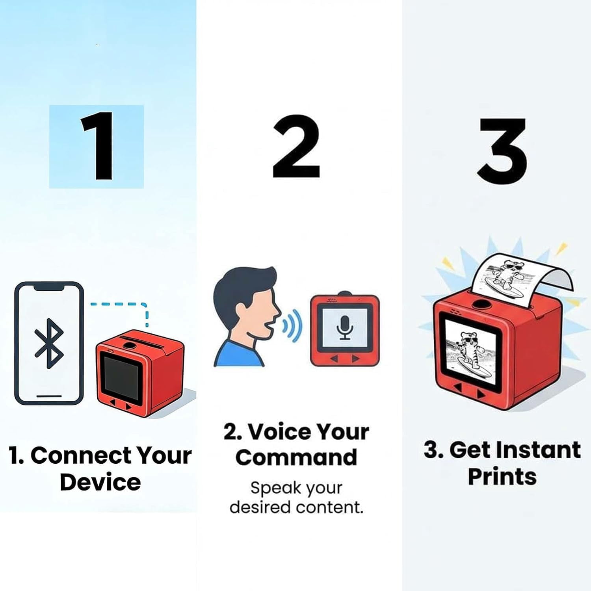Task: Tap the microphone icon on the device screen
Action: coord(345,327)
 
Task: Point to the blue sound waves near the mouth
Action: coord(294,325)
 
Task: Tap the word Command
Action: coord(296,457)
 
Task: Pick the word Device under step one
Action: coord(100,482)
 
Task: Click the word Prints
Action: coord(502,476)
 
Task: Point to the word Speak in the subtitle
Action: coord(275,489)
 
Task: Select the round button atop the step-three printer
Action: coord(479,304)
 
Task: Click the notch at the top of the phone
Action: coord(49,288)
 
